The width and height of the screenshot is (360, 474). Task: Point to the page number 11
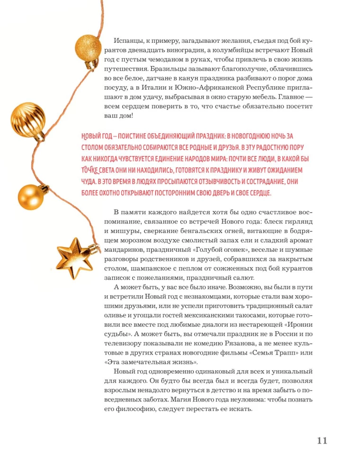point(322,440)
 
